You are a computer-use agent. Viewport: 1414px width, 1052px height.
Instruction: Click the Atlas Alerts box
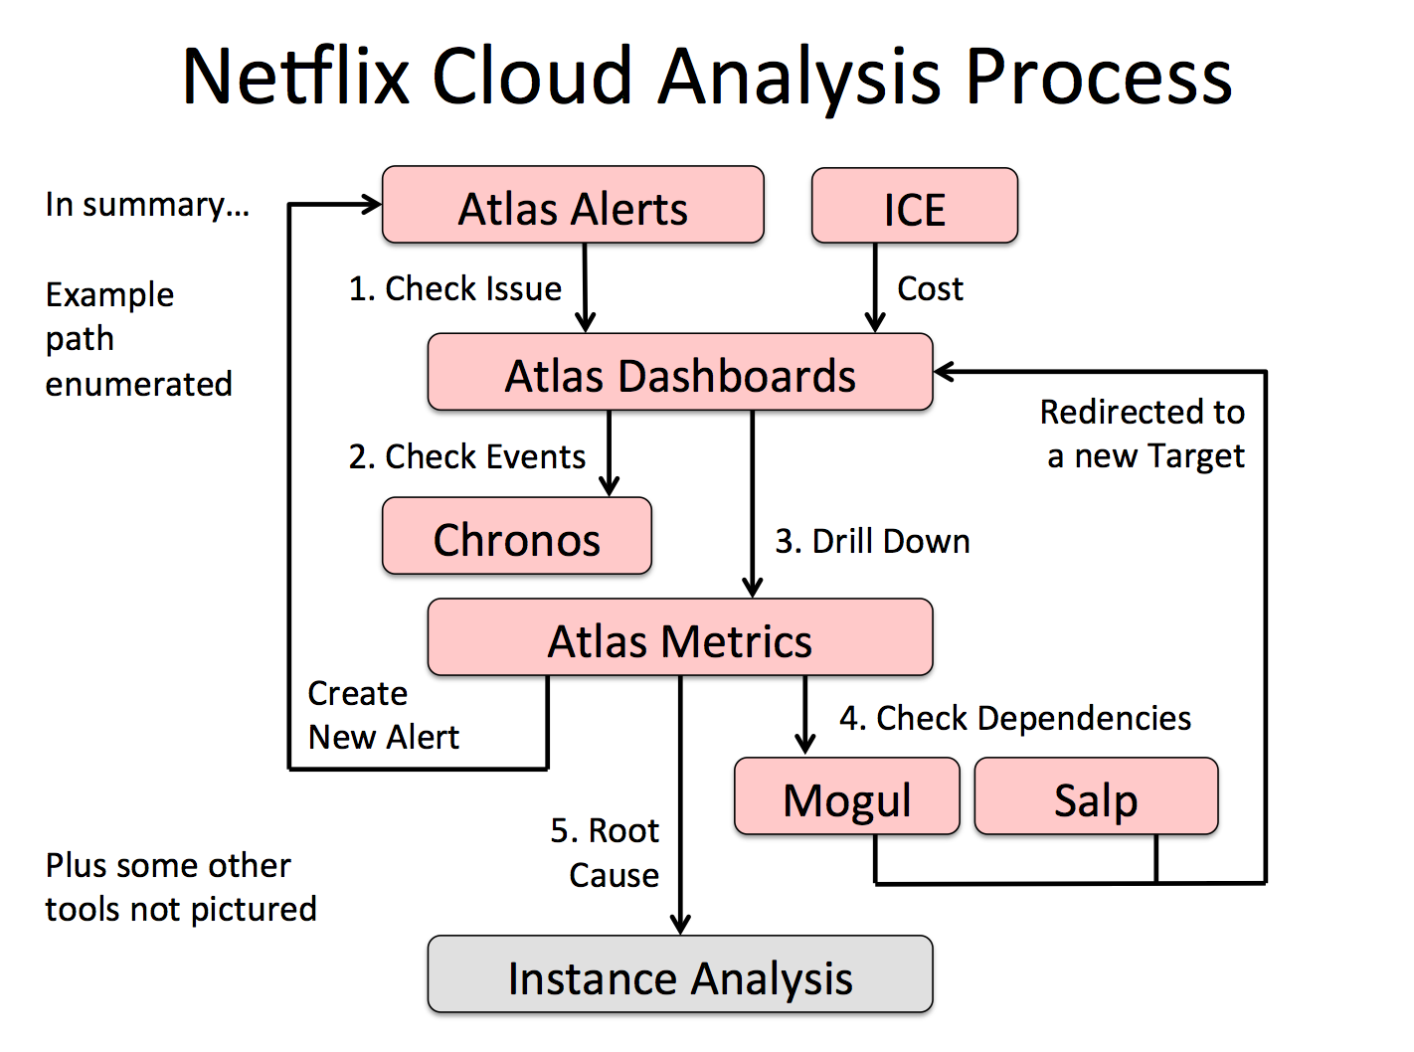click(573, 206)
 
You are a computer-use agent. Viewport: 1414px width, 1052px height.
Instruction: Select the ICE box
click(915, 207)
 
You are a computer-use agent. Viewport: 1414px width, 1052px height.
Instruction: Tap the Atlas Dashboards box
click(680, 373)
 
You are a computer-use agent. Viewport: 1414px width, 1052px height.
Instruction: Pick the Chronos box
click(517, 537)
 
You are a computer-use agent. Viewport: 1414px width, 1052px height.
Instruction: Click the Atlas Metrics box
click(680, 638)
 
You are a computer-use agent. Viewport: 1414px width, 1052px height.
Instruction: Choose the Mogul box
click(847, 797)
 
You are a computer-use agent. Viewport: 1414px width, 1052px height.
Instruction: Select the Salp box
click(1096, 797)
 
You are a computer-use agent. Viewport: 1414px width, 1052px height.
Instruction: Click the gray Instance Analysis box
click(680, 975)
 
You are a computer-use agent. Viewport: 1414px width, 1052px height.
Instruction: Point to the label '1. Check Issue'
click(455, 288)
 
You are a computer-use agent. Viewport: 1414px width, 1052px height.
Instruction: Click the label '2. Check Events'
click(467, 456)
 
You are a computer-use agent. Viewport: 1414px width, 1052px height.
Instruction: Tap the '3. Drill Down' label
click(872, 541)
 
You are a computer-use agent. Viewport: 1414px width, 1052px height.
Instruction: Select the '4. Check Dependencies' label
click(1015, 718)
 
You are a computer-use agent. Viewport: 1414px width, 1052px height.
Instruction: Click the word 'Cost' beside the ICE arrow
click(930, 288)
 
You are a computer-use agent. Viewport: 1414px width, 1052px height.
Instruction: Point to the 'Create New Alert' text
click(383, 715)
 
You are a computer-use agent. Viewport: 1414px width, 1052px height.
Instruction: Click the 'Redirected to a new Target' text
click(1144, 434)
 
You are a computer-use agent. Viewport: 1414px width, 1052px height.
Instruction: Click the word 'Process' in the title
click(1099, 76)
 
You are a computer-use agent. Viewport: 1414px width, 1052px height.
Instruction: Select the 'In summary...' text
click(147, 204)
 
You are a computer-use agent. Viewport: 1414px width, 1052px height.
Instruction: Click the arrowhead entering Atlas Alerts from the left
click(372, 205)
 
